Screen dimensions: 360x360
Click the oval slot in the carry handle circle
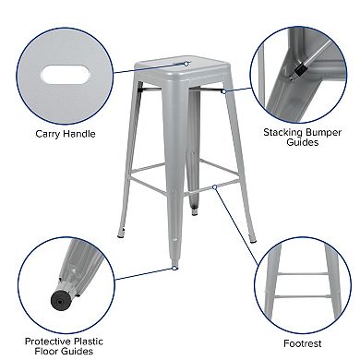[62, 72]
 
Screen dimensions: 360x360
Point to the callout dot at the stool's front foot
[174, 269]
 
